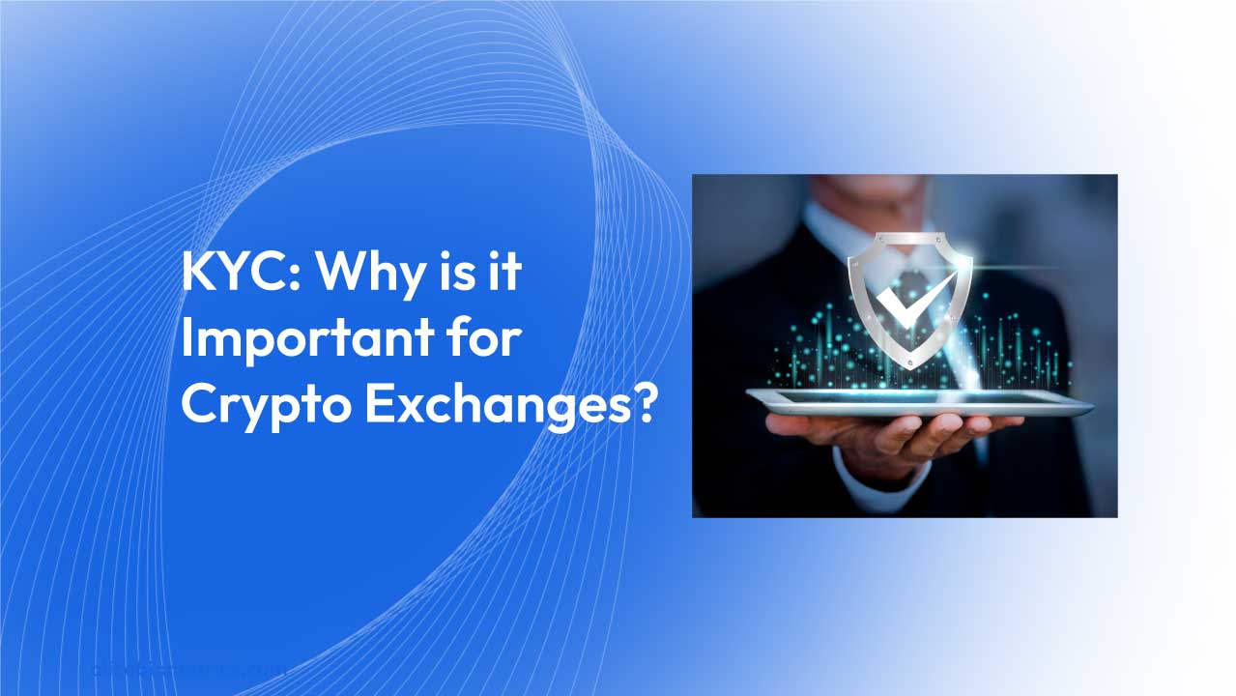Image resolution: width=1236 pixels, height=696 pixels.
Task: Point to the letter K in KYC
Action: (199, 275)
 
